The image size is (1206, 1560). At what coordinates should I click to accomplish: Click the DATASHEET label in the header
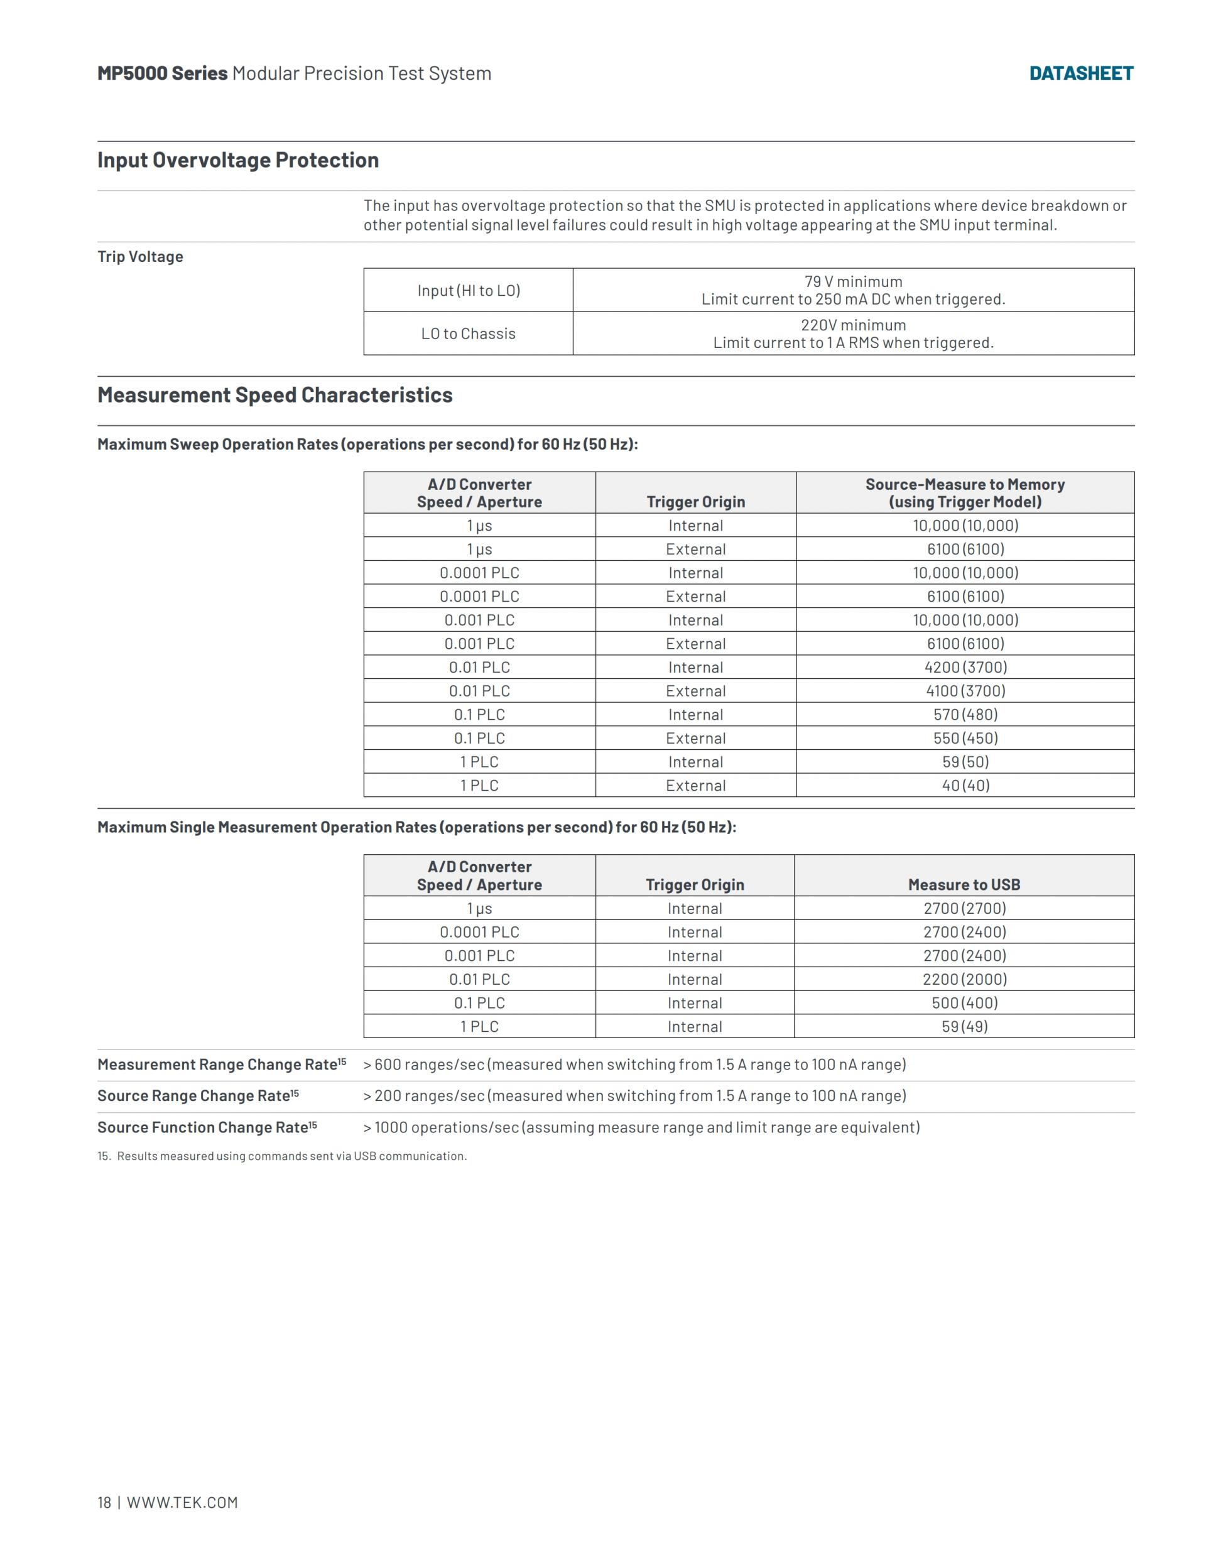1080,73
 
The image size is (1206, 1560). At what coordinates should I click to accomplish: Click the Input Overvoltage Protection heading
238,160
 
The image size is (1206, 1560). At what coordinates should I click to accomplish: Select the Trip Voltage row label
140,257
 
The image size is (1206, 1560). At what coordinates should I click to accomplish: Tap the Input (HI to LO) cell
468,291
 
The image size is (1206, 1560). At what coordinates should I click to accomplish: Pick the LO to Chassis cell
468,333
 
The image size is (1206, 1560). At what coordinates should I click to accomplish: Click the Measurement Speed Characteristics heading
275,395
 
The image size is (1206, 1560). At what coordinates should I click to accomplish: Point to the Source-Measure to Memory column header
965,493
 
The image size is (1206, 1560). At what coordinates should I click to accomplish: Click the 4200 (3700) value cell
965,667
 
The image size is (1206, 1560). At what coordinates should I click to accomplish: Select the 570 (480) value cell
965,714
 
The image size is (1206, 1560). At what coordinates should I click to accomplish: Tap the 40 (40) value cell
965,786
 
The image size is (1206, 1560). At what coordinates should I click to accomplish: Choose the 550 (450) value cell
965,738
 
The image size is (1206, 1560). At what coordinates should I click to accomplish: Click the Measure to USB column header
964,884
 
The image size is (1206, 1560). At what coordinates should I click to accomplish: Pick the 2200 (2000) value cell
964,979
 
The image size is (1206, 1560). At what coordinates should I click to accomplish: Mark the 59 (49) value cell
964,1026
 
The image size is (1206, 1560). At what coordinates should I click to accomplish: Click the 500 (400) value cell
964,1003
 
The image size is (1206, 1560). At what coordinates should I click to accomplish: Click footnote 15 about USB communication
282,1156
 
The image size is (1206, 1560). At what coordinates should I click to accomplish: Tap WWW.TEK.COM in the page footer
182,1502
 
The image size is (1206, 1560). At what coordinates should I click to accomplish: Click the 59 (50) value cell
965,762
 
